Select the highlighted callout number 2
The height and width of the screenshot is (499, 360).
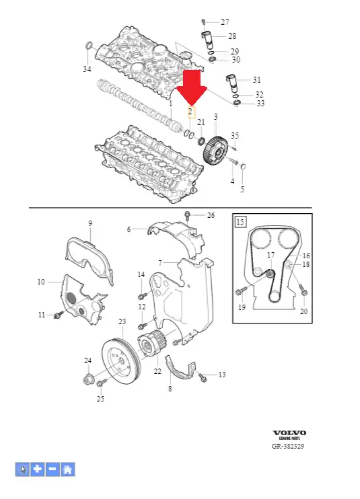[x=191, y=112]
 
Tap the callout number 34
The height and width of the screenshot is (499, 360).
[x=87, y=69]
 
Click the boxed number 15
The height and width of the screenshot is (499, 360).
[x=241, y=221]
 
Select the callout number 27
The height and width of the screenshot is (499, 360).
[x=225, y=22]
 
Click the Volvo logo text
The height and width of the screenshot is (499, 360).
[x=289, y=432]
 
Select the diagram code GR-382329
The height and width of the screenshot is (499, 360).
[x=288, y=446]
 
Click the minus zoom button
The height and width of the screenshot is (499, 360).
[x=53, y=469]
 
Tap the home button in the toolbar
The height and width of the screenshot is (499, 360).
[x=68, y=469]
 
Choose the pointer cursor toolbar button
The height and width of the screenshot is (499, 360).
[x=23, y=469]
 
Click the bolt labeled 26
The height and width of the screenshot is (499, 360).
[x=188, y=216]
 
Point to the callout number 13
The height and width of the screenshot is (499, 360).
[x=222, y=375]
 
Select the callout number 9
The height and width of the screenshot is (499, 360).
[x=90, y=223]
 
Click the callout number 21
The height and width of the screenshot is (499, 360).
[x=201, y=122]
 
